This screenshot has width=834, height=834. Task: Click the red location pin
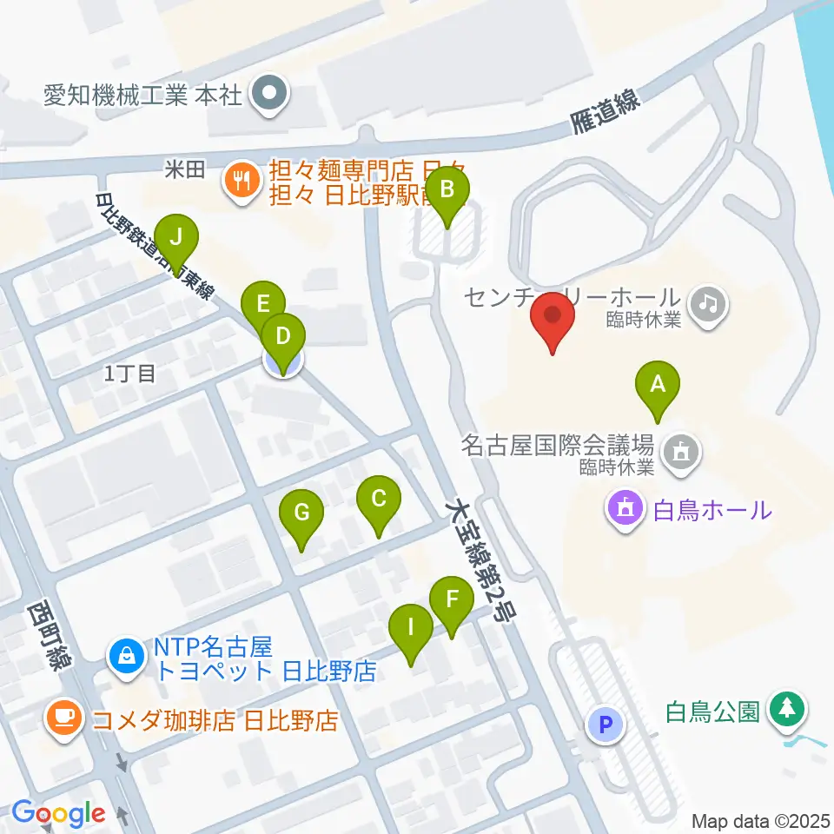pos(553,321)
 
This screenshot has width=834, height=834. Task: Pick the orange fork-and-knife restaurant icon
pos(238,180)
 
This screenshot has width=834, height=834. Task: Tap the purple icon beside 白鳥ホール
pos(628,506)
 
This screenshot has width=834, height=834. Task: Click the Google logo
pos(58,814)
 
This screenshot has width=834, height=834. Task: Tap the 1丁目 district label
pos(129,374)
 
